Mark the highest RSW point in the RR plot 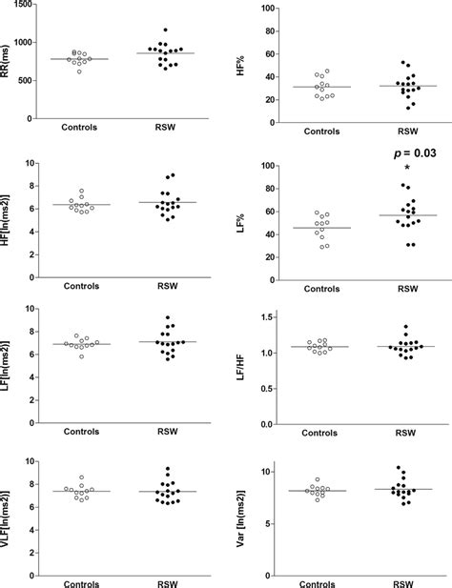tap(165, 30)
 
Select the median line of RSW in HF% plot tap(407, 86)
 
